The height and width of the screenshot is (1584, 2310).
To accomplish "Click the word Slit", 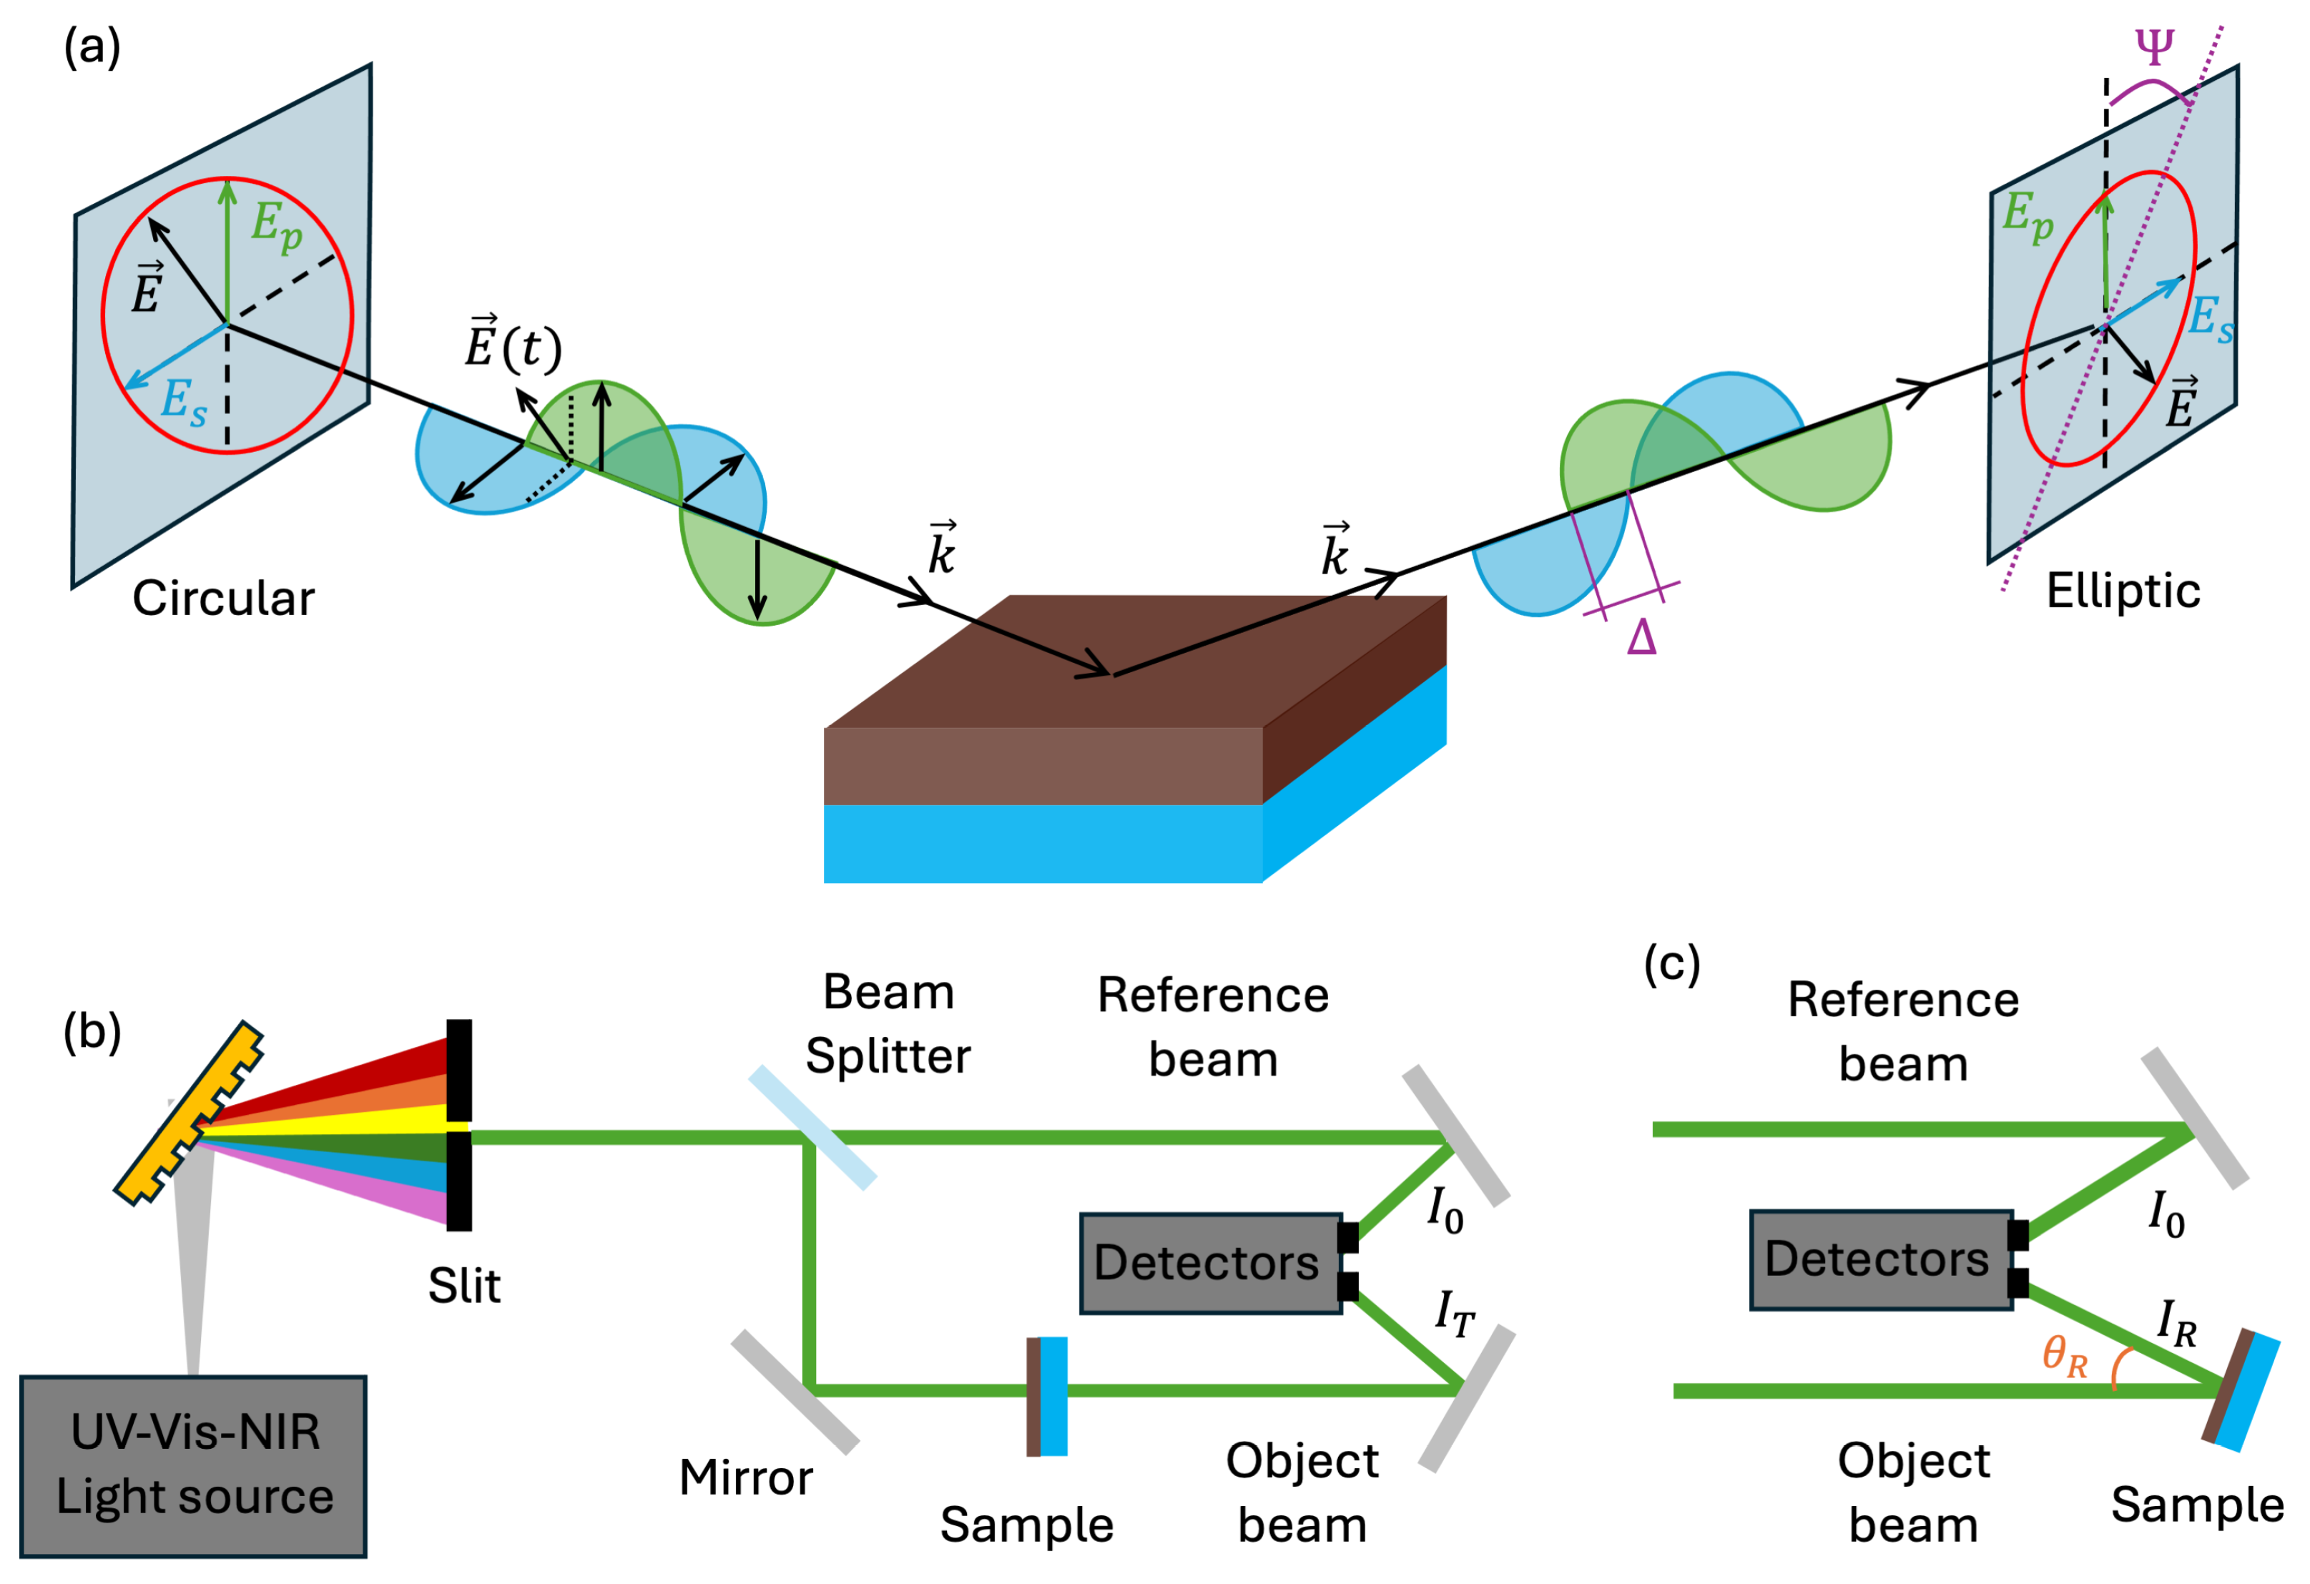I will (x=464, y=1286).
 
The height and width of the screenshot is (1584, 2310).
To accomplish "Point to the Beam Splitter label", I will (x=888, y=1023).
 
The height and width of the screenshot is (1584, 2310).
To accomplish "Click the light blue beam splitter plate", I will (x=812, y=1128).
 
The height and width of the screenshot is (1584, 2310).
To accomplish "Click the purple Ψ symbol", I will (x=2154, y=46).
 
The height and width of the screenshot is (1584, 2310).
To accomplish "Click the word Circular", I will (x=224, y=599).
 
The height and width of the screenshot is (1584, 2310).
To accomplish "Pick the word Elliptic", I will (x=2122, y=591).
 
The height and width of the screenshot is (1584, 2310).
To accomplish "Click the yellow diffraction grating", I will (x=189, y=1113).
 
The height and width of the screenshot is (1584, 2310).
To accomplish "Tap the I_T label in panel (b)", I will (x=1454, y=1314).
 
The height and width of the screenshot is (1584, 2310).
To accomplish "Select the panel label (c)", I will (x=1672, y=964).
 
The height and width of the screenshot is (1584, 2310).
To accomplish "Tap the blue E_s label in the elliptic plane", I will (x=2211, y=318).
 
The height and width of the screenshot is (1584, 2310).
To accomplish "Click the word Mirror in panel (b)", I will (x=745, y=1477).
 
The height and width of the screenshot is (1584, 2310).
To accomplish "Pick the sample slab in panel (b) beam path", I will (x=1048, y=1396).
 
